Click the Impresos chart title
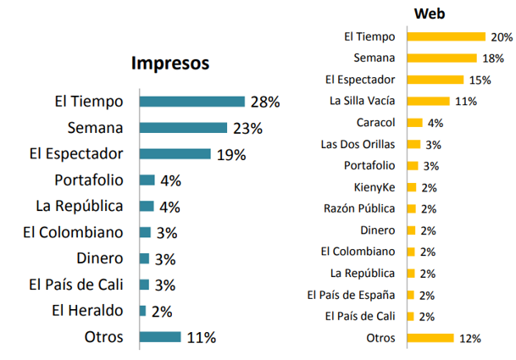pyautogui.click(x=169, y=64)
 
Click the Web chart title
pyautogui.click(x=430, y=14)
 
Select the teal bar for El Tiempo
pyautogui.click(x=191, y=102)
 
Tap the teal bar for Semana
pyautogui.click(x=183, y=128)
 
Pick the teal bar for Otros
pyautogui.click(x=160, y=337)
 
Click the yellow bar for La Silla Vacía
pyautogui.click(x=429, y=101)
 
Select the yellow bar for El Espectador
pyautogui.click(x=436, y=80)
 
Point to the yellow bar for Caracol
pyautogui.click(x=415, y=122)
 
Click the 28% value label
pyautogui.click(x=264, y=102)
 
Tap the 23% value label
pyautogui.click(x=247, y=128)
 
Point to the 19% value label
pyautogui.click(x=230, y=154)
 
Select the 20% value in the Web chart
pyautogui.click(x=502, y=36)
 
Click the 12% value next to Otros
pyautogui.click(x=470, y=338)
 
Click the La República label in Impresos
pyautogui.click(x=79, y=206)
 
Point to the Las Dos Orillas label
pyautogui.click(x=360, y=144)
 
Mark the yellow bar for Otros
pyautogui.click(x=430, y=338)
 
